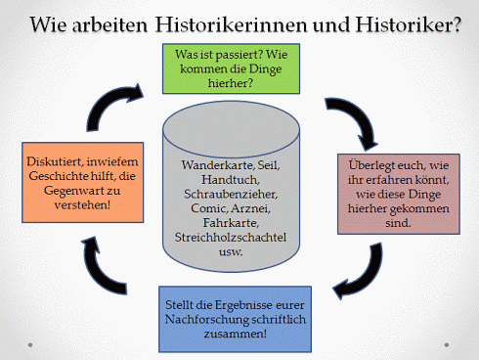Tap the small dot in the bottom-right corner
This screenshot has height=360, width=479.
(x=449, y=344)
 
